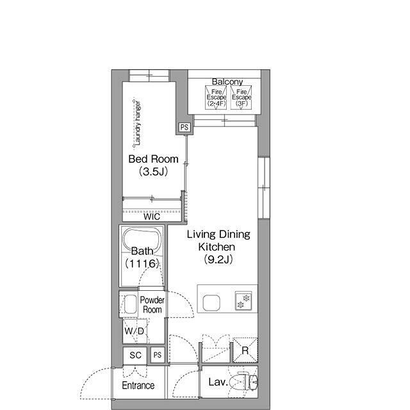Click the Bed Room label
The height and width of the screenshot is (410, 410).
point(153,159)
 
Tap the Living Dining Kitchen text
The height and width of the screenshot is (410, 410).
point(218,240)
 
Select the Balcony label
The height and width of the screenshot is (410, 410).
point(227,81)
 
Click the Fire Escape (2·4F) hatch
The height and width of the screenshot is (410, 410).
point(216,97)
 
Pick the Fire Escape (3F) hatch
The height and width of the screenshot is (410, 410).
point(242,97)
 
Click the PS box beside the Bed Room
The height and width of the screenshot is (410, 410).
point(184,127)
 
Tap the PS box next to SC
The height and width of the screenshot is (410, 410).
point(158,355)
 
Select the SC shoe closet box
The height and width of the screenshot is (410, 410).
point(135,355)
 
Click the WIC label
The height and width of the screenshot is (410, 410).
point(152,217)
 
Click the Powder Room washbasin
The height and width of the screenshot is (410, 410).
point(130,304)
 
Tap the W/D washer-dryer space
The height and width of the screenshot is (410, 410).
point(135,331)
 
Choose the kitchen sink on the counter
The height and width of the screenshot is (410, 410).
point(211,303)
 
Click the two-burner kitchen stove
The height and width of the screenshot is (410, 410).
point(243,300)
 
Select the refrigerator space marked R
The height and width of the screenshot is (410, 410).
point(245,350)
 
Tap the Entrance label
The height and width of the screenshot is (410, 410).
point(138,386)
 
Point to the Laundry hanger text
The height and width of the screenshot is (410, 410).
point(138,123)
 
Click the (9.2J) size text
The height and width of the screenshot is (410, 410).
point(218,259)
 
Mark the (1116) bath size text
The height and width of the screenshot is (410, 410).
point(142,263)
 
